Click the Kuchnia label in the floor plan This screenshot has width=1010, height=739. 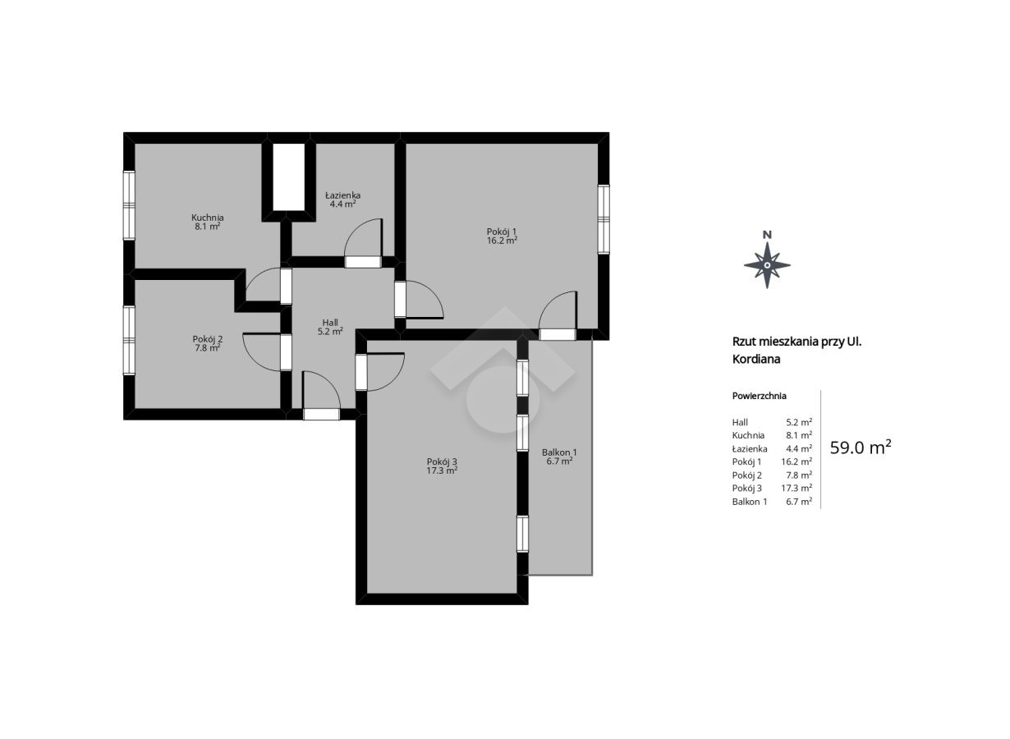click(x=208, y=218)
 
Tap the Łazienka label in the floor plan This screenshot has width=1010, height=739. click(x=342, y=195)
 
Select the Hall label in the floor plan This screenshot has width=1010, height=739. click(x=330, y=323)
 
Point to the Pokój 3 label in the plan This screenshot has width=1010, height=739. click(x=442, y=461)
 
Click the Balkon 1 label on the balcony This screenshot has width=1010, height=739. click(x=559, y=452)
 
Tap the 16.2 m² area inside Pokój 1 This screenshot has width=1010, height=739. click(x=502, y=241)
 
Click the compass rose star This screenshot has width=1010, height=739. click(x=767, y=265)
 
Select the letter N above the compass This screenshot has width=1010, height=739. click(x=767, y=235)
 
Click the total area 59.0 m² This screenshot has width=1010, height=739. click(x=861, y=448)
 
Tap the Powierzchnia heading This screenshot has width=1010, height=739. click(x=760, y=396)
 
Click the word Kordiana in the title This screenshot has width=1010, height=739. click(x=756, y=360)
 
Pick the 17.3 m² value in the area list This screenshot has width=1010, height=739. click(x=797, y=488)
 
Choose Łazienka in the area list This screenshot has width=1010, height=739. click(x=750, y=448)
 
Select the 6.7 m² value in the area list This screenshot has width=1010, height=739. click(x=799, y=502)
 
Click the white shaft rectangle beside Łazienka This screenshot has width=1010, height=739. click(x=288, y=177)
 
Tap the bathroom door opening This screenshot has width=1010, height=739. click(x=363, y=262)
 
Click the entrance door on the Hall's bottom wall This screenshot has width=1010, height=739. click(x=321, y=415)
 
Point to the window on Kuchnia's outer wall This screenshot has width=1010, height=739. click(x=129, y=205)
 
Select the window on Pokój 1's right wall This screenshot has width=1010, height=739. click(x=604, y=219)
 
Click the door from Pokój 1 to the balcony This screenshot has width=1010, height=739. click(x=558, y=334)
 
